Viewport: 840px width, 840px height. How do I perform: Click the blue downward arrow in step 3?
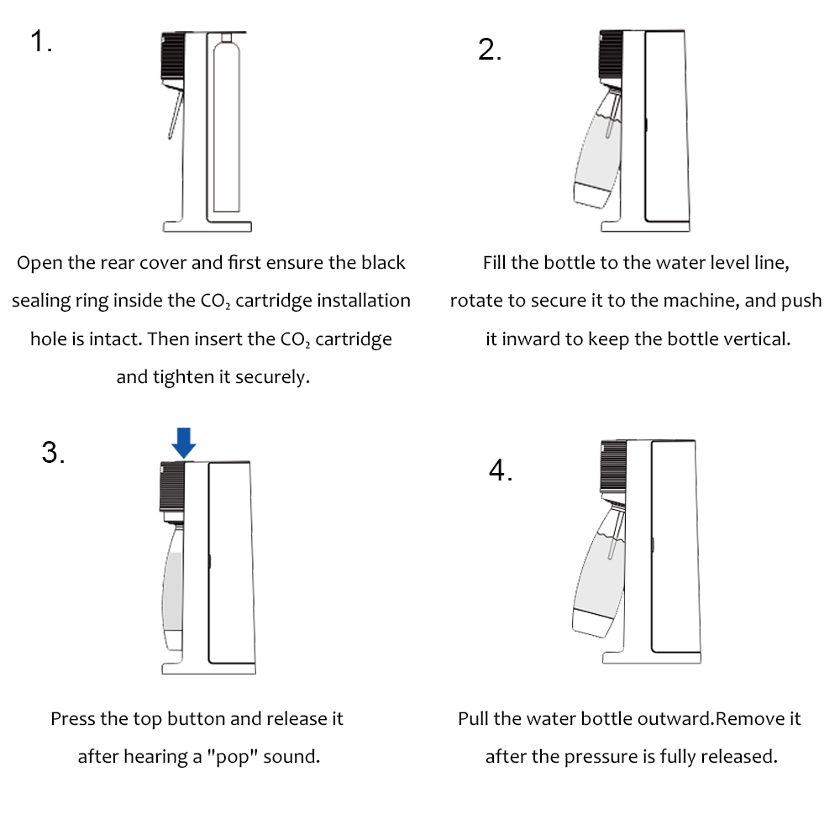(x=184, y=443)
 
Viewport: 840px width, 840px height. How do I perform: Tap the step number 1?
(x=40, y=41)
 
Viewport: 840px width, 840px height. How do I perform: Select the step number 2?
(x=490, y=50)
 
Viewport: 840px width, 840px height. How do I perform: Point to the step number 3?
(x=53, y=452)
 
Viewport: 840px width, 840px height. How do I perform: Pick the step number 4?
(x=501, y=470)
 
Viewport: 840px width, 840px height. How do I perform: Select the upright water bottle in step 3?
(x=173, y=586)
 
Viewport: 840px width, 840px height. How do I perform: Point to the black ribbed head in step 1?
(x=173, y=55)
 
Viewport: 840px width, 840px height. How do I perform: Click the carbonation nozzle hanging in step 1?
(x=176, y=114)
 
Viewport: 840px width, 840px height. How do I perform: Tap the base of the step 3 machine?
(x=208, y=668)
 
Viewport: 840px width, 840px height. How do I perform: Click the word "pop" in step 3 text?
(x=232, y=757)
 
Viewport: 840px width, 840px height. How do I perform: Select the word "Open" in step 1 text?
(x=39, y=263)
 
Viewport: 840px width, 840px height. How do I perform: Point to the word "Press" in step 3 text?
(x=72, y=718)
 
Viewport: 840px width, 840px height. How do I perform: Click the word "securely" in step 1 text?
(x=273, y=377)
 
